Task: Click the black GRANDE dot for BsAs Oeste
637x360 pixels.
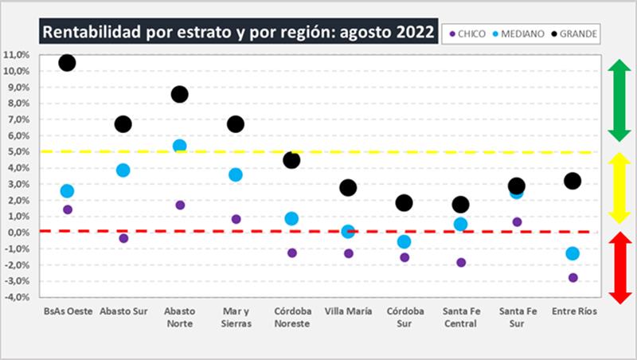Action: click(67, 63)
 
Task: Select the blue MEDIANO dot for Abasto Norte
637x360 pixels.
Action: click(179, 146)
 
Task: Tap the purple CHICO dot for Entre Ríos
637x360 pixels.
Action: click(573, 278)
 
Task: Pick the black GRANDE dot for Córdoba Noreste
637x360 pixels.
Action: click(291, 160)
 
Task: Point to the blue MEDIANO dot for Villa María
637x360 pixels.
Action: click(348, 232)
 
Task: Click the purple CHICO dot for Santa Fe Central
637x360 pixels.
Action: click(461, 262)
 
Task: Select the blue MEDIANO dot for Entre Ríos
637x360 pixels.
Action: click(573, 253)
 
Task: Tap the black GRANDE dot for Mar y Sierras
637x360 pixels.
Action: click(236, 124)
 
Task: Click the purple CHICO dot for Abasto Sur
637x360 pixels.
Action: click(123, 238)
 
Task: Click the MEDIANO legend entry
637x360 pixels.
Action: click(521, 33)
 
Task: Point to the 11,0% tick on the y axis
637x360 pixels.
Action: click(18, 55)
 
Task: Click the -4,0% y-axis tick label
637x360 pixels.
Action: click(18, 297)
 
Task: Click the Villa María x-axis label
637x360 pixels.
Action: click(348, 311)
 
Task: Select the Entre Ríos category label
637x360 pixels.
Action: click(573, 311)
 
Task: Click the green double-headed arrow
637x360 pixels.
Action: click(620, 100)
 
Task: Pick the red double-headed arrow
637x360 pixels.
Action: click(620, 267)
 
